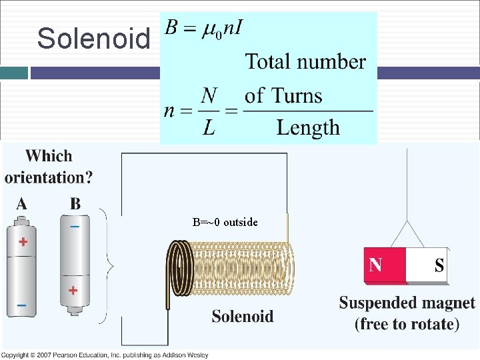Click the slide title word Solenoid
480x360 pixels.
pos(93,39)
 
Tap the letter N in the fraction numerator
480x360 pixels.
pos(209,97)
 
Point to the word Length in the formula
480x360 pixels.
pos(308,127)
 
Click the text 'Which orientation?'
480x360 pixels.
pos(49,167)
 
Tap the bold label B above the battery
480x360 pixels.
pos(75,204)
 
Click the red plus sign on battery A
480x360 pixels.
pos(23,241)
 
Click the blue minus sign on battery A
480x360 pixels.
pos(22,305)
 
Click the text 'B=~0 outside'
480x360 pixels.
pos(225,222)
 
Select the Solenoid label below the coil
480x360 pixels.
pos(242,316)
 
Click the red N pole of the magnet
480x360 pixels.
pos(385,265)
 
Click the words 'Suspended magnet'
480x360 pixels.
pos(407,303)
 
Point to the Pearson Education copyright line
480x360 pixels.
pos(105,355)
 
